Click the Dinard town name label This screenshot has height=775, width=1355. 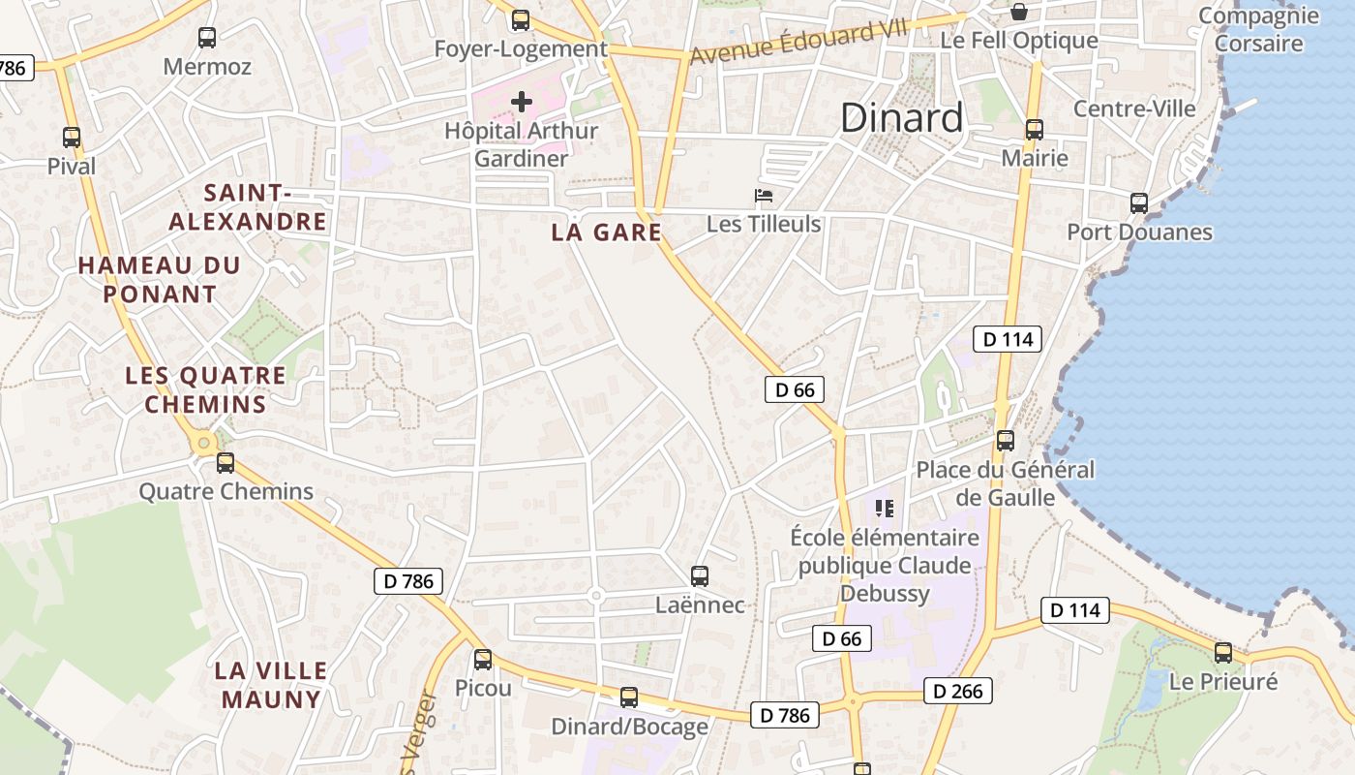tap(901, 117)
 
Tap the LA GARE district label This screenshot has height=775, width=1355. tap(607, 232)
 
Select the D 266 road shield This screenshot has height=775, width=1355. tap(958, 691)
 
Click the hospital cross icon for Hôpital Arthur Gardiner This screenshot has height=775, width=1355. tap(522, 101)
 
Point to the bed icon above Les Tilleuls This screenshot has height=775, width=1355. tap(764, 196)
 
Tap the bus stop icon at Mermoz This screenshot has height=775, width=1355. tap(207, 38)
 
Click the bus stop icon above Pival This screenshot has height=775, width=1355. tap(72, 138)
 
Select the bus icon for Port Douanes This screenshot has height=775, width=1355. tap(1139, 203)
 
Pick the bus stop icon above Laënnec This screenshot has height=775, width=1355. tap(700, 576)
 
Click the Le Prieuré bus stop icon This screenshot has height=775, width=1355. tap(1223, 652)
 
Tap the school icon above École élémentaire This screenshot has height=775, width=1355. tap(884, 508)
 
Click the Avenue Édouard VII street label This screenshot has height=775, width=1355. tap(799, 43)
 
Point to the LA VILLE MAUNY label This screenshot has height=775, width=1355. tap(271, 685)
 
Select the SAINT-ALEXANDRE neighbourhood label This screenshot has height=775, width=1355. tap(248, 207)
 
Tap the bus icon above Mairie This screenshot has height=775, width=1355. tap(1035, 130)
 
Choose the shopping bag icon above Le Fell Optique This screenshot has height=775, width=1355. tap(1019, 12)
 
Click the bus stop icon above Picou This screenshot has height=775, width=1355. tap(483, 660)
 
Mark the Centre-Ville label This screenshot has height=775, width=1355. tap(1134, 108)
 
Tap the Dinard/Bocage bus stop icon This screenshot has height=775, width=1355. tap(629, 697)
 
